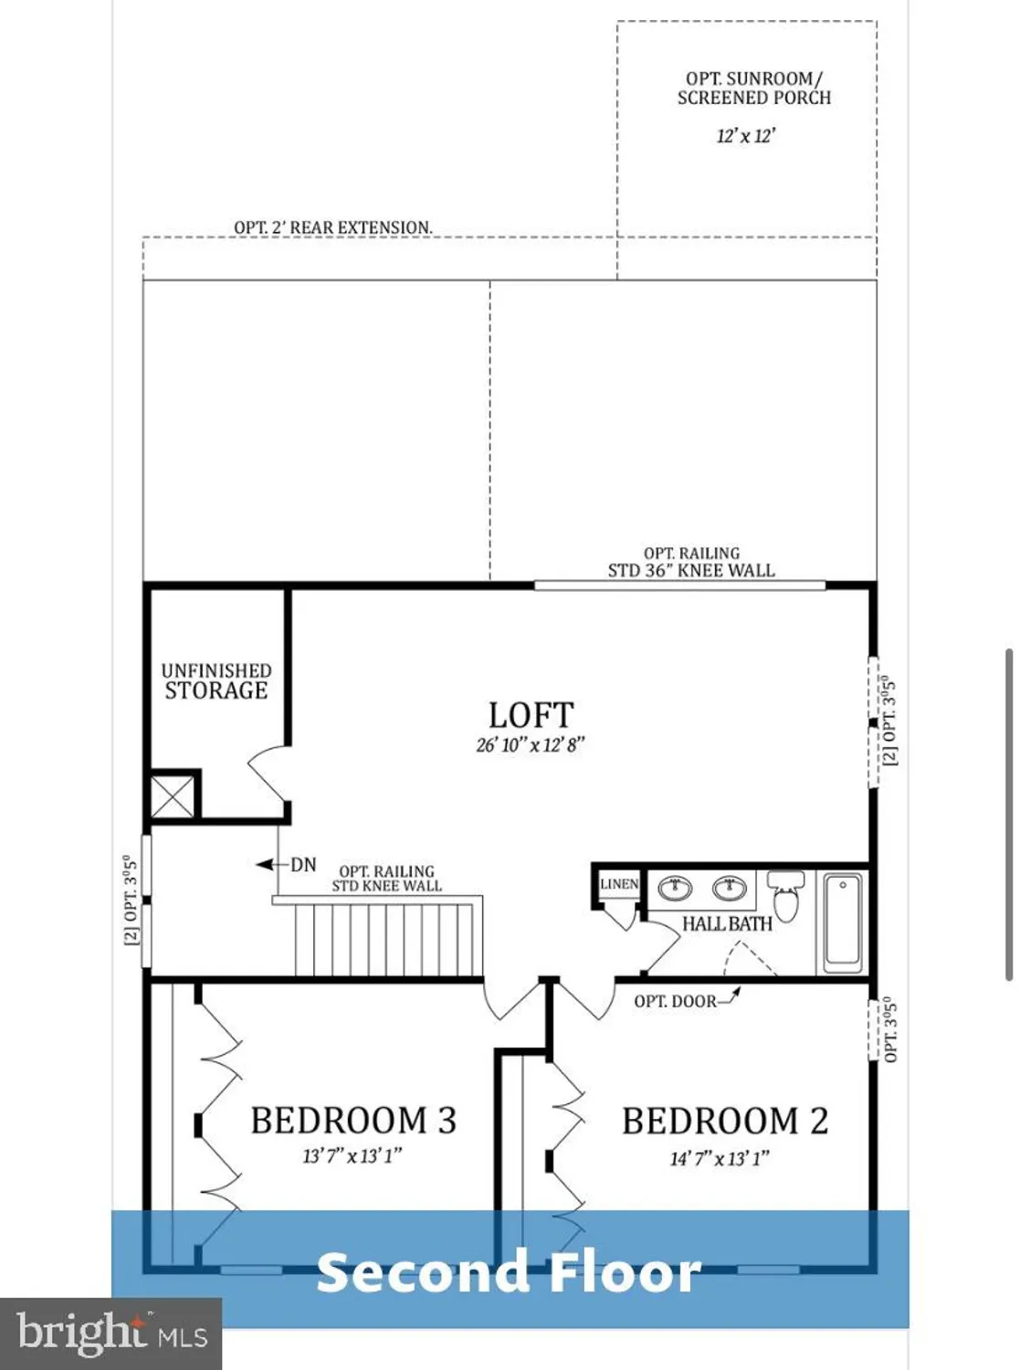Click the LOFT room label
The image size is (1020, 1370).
pyautogui.click(x=531, y=715)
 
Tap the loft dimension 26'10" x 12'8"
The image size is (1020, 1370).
pyautogui.click(x=530, y=744)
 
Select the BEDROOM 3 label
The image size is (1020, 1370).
pyautogui.click(x=353, y=1121)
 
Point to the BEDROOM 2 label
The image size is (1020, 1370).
pyautogui.click(x=725, y=1122)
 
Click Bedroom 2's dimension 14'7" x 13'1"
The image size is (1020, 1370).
pyautogui.click(x=720, y=1158)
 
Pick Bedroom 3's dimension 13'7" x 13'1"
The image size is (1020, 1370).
pyautogui.click(x=352, y=1156)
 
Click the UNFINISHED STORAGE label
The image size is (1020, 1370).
pyautogui.click(x=216, y=681)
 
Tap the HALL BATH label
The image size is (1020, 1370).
pyautogui.click(x=727, y=924)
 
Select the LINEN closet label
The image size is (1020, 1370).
pyautogui.click(x=619, y=884)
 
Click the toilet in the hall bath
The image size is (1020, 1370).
pyautogui.click(x=785, y=895)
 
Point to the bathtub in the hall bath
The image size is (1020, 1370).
pyautogui.click(x=843, y=922)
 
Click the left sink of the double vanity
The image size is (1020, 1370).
pyautogui.click(x=676, y=887)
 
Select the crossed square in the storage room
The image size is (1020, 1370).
pyautogui.click(x=173, y=795)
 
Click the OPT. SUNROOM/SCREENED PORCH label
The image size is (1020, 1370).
pyautogui.click(x=754, y=89)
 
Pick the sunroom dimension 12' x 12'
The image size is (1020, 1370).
pyautogui.click(x=746, y=136)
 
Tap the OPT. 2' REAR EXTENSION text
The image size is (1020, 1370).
pyautogui.click(x=332, y=227)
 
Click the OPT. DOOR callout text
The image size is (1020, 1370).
pyautogui.click(x=676, y=1001)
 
